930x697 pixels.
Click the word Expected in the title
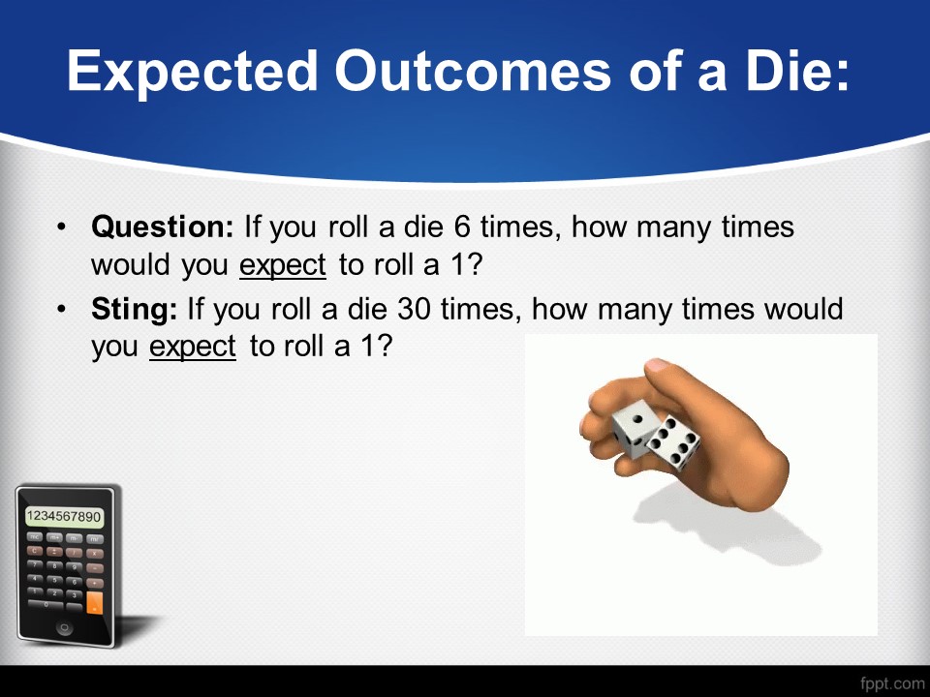pyautogui.click(x=192, y=72)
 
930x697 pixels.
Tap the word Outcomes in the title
pyautogui.click(x=472, y=71)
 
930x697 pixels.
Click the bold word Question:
pyautogui.click(x=163, y=227)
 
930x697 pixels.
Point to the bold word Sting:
pyautogui.click(x=134, y=310)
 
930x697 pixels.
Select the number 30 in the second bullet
pyautogui.click(x=414, y=309)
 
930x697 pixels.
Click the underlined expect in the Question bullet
pyautogui.click(x=283, y=265)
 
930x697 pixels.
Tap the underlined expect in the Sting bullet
pyautogui.click(x=192, y=348)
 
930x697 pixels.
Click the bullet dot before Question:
pyautogui.click(x=62, y=227)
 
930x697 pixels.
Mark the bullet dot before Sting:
pyautogui.click(x=62, y=309)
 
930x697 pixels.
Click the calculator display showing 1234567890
pyautogui.click(x=64, y=516)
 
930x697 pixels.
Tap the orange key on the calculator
pyautogui.click(x=94, y=602)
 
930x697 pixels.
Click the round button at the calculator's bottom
pyautogui.click(x=64, y=627)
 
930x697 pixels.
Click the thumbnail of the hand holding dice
pyautogui.click(x=701, y=485)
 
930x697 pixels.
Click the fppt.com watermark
pyautogui.click(x=892, y=684)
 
